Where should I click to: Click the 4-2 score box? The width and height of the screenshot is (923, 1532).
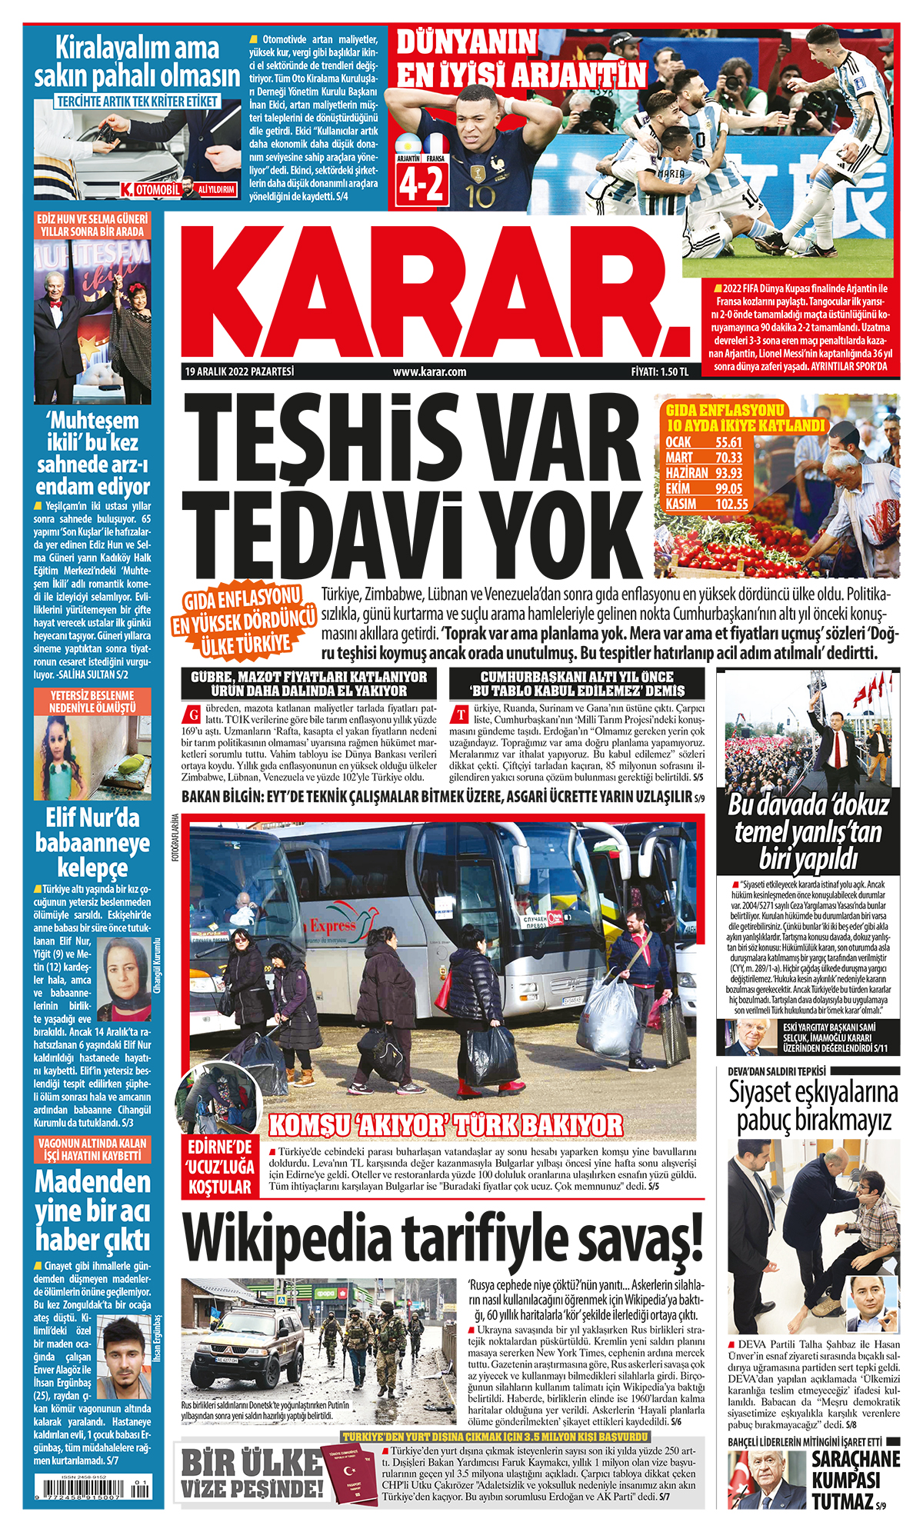click(421, 185)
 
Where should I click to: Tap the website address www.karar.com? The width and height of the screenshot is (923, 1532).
click(429, 372)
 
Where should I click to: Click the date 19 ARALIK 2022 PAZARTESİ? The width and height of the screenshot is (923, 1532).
click(239, 371)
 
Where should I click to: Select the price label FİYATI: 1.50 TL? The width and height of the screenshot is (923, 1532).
click(659, 372)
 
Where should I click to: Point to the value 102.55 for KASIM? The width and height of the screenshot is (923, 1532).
click(731, 505)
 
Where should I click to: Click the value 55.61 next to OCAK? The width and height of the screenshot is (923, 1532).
click(728, 442)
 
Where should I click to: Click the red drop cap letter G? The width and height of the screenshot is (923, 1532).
click(194, 712)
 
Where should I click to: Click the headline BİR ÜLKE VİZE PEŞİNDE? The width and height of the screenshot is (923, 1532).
click(252, 1474)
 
